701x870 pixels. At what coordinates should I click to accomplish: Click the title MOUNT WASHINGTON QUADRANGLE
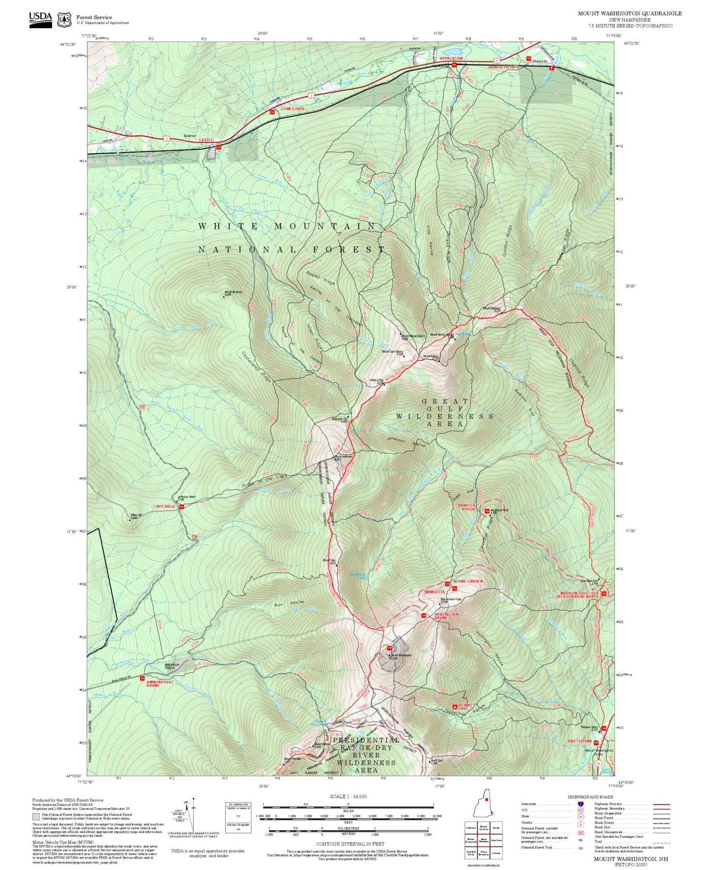pyautogui.click(x=629, y=14)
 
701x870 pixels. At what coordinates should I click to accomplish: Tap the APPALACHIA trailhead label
pyautogui.click(x=451, y=59)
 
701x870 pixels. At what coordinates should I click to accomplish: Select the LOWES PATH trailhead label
pyautogui.click(x=293, y=109)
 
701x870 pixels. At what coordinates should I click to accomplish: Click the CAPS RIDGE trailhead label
pyautogui.click(x=164, y=507)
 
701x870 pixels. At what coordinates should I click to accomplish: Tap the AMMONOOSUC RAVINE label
pyautogui.click(x=160, y=684)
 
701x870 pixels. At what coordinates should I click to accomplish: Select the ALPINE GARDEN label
pyautogui.click(x=468, y=581)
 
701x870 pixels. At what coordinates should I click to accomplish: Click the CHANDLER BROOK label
pyautogui.click(x=465, y=507)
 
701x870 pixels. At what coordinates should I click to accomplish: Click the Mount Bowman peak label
pyautogui.click(x=233, y=292)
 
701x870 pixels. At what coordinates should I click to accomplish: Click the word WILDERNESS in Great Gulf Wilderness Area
pyautogui.click(x=445, y=417)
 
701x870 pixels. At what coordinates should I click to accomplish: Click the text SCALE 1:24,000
pyautogui.click(x=348, y=796)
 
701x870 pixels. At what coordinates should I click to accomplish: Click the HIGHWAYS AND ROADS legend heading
pyautogui.click(x=590, y=797)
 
